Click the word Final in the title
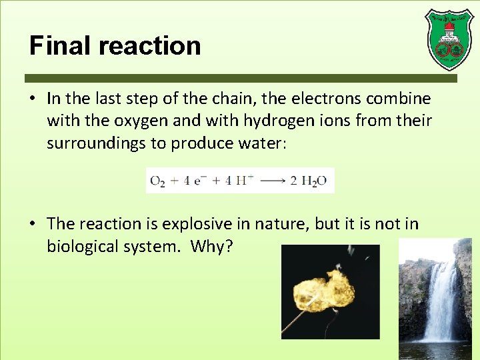57,46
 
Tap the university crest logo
449,39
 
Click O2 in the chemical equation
157,181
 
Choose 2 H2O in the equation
309,181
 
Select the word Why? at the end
211,246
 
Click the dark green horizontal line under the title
240,78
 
